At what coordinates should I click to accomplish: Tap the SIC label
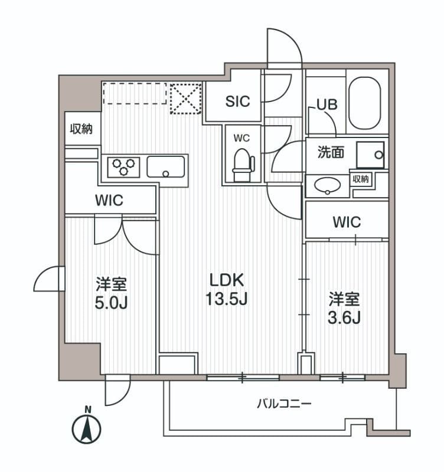pyautogui.click(x=237, y=101)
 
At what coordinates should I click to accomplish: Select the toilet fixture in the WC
pyautogui.click(x=242, y=165)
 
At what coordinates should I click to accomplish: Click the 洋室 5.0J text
pyautogui.click(x=112, y=293)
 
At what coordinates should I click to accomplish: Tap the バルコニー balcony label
pyautogui.click(x=284, y=404)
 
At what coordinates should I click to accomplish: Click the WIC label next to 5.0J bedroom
pyautogui.click(x=109, y=200)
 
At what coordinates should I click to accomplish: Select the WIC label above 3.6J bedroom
pyautogui.click(x=347, y=222)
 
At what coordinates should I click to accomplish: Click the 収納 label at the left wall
pyautogui.click(x=81, y=129)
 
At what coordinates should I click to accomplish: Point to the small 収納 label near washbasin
pyautogui.click(x=361, y=179)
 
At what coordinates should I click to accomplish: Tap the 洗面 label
pyautogui.click(x=331, y=153)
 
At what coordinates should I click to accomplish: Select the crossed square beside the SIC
pyautogui.click(x=185, y=97)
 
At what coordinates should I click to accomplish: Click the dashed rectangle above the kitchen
pyautogui.click(x=135, y=94)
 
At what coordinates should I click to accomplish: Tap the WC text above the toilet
pyautogui.click(x=241, y=138)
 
